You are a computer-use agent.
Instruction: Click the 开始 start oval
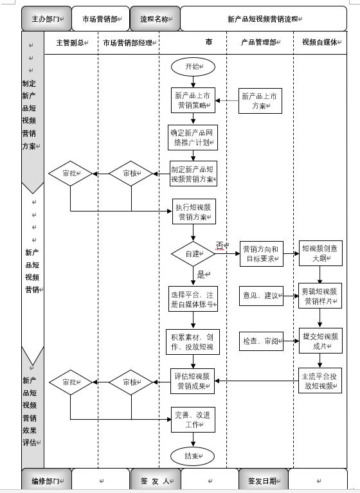pos(193,67)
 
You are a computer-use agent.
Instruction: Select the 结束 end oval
pos(193,457)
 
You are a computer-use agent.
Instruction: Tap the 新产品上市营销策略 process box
pos(193,101)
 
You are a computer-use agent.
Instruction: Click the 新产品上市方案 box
pos(260,101)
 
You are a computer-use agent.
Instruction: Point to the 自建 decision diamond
pos(193,254)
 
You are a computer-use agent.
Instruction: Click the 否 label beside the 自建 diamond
pos(221,246)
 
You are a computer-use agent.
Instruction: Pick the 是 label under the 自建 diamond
pos(201,274)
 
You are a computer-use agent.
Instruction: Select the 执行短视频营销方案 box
pos(194,211)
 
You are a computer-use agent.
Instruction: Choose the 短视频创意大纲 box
pos(320,253)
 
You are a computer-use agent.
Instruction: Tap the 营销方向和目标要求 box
pos(261,253)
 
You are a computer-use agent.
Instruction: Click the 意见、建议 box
pos(261,296)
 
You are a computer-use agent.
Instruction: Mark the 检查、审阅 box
pos(261,341)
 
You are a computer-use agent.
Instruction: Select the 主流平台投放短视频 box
pos(320,381)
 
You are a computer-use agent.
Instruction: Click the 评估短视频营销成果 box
pos(193,381)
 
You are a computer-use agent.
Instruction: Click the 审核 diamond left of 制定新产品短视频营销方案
pos(130,174)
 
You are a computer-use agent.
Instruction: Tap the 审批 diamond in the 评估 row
pos(71,382)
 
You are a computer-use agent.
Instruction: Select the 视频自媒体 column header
pos(321,42)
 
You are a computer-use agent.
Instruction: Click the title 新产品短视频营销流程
pos(264,19)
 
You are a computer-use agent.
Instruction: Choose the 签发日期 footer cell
pos(263,481)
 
